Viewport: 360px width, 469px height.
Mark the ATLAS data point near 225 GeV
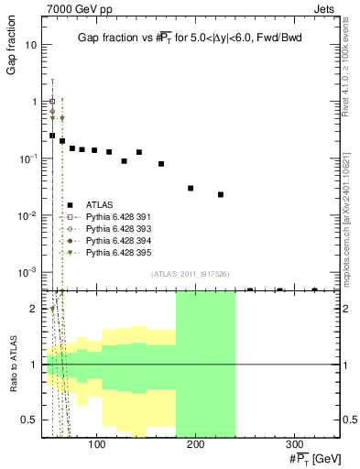pyautogui.click(x=221, y=194)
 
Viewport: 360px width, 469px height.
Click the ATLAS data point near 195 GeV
pyautogui.click(x=191, y=188)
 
